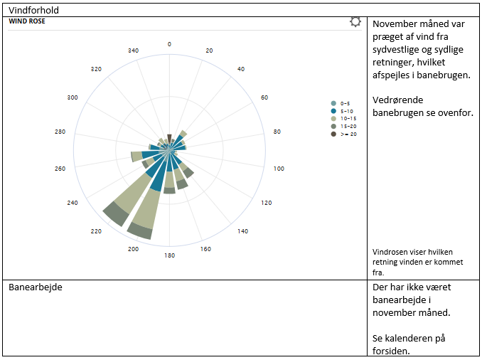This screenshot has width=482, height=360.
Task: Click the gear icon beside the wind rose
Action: (x=355, y=22)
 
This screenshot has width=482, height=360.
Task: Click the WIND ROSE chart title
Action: (x=27, y=21)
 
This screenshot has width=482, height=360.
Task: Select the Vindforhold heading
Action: (x=33, y=10)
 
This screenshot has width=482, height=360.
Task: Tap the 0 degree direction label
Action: (x=169, y=44)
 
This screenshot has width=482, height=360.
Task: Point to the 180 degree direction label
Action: (x=169, y=255)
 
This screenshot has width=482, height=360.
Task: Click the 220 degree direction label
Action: (x=96, y=231)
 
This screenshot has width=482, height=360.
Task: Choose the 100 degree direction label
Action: (x=279, y=169)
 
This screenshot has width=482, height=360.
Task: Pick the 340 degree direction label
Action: (x=133, y=51)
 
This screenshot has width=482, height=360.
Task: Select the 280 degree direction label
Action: (x=60, y=132)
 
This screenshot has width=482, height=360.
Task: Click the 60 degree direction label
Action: (x=264, y=97)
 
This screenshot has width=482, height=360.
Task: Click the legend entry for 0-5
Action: (x=345, y=103)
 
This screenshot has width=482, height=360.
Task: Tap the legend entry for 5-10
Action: (x=346, y=111)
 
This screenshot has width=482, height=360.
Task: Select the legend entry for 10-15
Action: (x=348, y=119)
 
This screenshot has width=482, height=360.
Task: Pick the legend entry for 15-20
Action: (x=348, y=126)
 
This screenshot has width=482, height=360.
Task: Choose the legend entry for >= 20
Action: (x=348, y=134)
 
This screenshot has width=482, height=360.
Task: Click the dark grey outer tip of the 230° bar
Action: (x=114, y=213)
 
